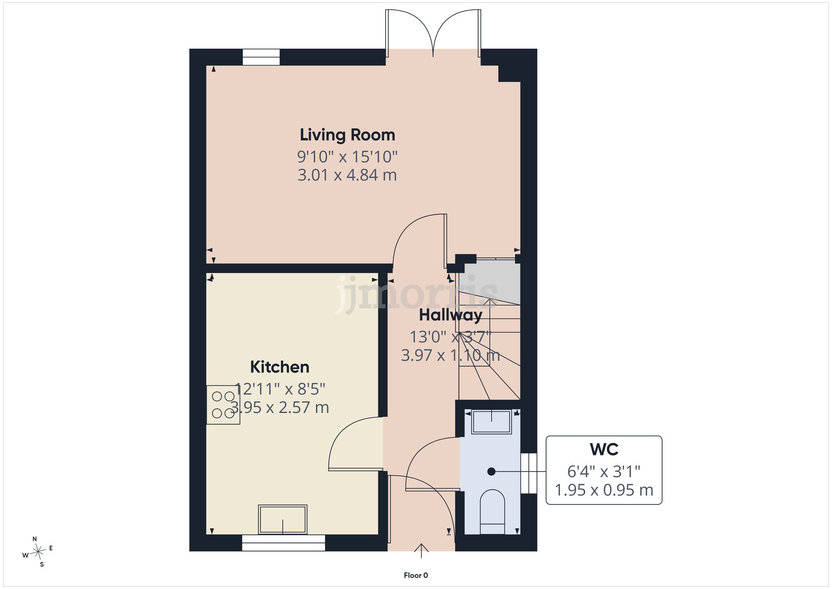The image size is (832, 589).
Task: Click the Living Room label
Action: click(347, 135)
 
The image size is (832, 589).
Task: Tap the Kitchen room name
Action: click(280, 367)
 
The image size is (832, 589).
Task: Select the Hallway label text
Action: click(451, 315)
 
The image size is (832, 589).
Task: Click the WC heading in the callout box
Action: click(604, 450)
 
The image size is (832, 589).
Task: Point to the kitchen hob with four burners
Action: click(223, 405)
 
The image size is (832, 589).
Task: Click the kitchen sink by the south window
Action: click(282, 519)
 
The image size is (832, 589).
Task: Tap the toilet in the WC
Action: click(492, 512)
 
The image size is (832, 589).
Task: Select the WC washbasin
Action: click(492, 422)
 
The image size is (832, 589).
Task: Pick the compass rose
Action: click(38, 552)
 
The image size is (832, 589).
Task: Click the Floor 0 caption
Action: click(416, 576)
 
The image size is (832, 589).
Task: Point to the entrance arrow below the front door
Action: click(421, 551)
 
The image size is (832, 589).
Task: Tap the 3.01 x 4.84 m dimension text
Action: click(347, 175)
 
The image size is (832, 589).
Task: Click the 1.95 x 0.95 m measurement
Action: click(604, 490)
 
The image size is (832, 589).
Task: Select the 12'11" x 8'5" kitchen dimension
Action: click(280, 389)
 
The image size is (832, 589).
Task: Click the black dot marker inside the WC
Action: click(491, 472)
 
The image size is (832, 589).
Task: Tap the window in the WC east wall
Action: click(529, 473)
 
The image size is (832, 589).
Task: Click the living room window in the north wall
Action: click(261, 57)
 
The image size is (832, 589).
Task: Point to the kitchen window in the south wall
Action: click(283, 543)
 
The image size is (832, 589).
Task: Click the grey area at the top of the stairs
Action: click(492, 282)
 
